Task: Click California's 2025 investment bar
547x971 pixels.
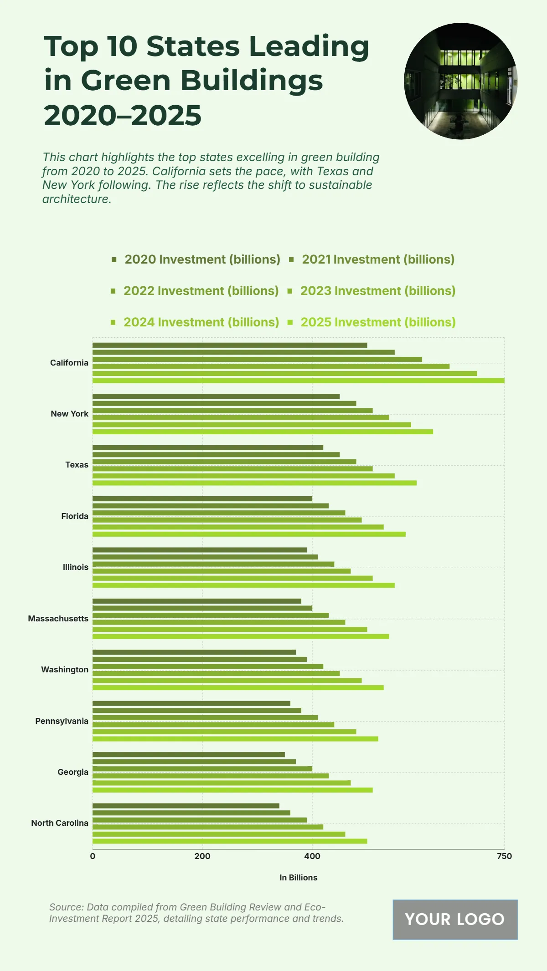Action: (298, 381)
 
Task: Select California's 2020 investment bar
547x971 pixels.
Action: (230, 345)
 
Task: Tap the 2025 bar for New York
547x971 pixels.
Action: (263, 432)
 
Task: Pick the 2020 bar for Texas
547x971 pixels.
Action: (208, 447)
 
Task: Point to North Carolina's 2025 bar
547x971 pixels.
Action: (230, 841)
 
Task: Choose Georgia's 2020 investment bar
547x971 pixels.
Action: (189, 754)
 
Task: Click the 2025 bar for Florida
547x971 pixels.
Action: (249, 534)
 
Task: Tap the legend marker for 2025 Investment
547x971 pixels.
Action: (290, 322)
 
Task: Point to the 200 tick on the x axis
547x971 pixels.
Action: (202, 856)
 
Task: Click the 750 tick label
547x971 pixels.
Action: (504, 856)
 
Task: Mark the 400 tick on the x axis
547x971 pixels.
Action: (312, 856)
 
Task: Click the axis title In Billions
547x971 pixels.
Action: (299, 878)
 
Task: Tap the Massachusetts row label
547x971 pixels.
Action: (58, 619)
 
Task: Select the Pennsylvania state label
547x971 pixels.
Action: (62, 721)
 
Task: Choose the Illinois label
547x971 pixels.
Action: (76, 567)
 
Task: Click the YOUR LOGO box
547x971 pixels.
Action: (455, 920)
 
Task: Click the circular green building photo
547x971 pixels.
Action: (460, 81)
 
